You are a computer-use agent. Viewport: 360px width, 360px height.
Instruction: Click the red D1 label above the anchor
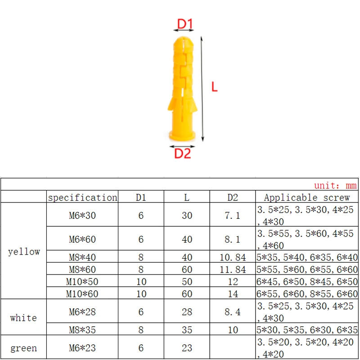pos(184,23)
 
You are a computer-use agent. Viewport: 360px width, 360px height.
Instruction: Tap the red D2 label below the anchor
pos(183,154)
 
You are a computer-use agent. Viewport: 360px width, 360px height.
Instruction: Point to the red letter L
pos(215,87)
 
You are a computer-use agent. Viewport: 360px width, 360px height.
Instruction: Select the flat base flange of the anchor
pos(182,136)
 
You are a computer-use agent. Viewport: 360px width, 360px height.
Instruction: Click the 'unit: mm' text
pos(335,185)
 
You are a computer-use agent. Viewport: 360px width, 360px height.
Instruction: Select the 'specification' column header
pos(82,198)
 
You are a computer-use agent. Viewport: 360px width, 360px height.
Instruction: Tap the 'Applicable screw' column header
pos(307,198)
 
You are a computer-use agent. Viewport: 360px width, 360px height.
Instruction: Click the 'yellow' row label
pos(24,252)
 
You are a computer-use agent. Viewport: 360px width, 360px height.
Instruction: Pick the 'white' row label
pos(23,318)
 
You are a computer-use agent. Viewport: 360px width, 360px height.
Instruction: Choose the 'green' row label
pos(23,348)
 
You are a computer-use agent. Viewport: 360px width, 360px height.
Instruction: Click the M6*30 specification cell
pos(82,216)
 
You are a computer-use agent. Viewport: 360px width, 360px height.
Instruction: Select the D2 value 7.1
pos(233,216)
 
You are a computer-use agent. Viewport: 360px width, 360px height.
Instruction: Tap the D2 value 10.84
pos(233,257)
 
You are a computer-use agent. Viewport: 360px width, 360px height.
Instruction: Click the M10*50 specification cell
pos(82,282)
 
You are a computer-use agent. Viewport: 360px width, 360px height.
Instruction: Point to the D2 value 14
pos(233,294)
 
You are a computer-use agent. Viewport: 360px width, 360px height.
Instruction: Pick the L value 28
pos(187,312)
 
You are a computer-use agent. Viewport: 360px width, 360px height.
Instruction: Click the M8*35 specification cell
pos(82,330)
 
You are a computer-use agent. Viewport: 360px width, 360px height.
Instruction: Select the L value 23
pos(187,348)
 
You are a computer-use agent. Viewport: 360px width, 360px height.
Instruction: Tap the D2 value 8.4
pos(233,312)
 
